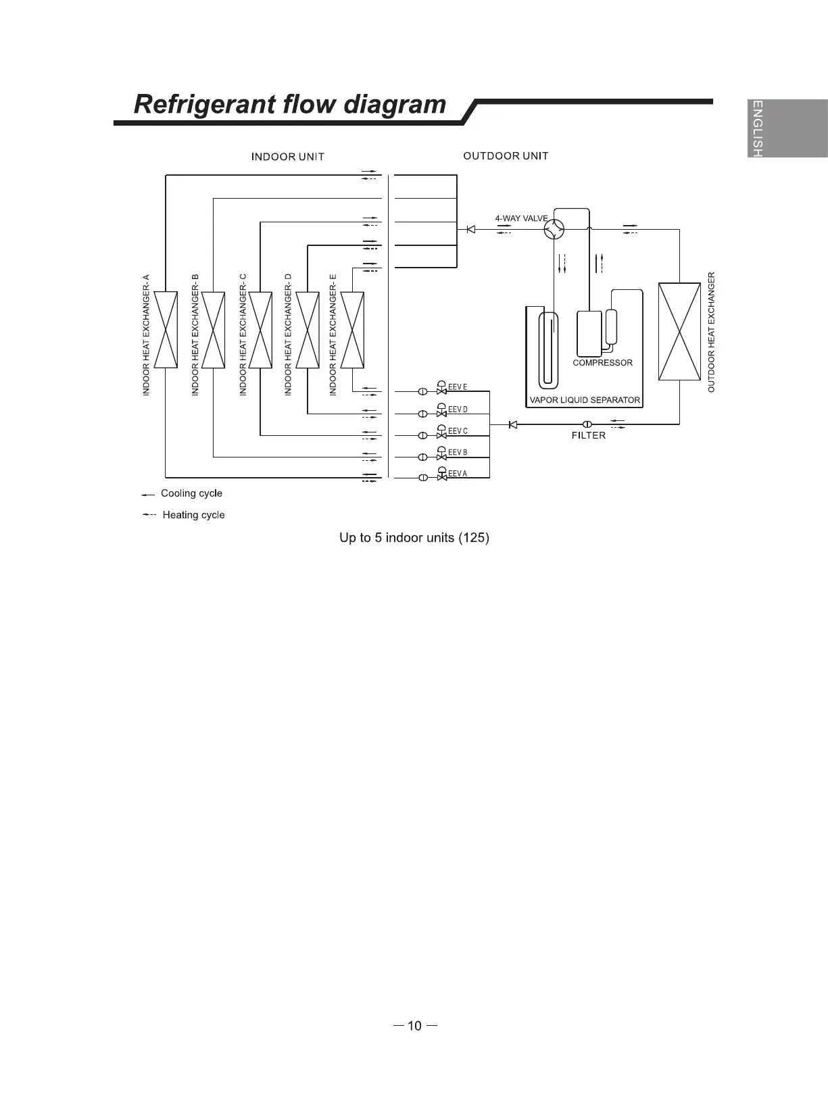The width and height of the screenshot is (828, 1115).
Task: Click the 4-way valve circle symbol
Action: coord(554,229)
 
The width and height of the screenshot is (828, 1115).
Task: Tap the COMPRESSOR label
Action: coord(602,363)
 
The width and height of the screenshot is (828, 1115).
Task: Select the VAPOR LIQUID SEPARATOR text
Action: coord(585,400)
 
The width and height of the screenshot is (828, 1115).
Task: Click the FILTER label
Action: coord(589,436)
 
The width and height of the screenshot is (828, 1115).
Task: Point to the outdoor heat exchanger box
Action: coord(679,331)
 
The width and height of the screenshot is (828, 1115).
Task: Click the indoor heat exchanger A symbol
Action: coord(166,330)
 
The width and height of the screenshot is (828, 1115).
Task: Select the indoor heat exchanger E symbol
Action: coord(352,330)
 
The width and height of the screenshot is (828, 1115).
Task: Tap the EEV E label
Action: coord(458,387)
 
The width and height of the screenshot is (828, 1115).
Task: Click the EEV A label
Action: coord(458,474)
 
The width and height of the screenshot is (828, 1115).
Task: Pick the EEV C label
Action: coord(458,430)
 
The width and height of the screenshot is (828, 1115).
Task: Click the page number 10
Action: coord(414,1026)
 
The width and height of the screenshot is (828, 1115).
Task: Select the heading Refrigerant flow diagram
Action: coord(290,105)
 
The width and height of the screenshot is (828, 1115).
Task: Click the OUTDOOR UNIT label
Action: coord(506,156)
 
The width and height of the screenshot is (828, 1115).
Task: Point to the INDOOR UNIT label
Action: coord(288,157)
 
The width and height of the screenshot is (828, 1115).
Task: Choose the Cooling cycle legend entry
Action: coord(191,493)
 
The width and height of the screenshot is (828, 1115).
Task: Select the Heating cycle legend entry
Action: coord(193,515)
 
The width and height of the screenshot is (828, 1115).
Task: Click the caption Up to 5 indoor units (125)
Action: coord(414,538)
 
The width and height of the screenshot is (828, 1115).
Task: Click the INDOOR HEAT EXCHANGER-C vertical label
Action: coord(243,334)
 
